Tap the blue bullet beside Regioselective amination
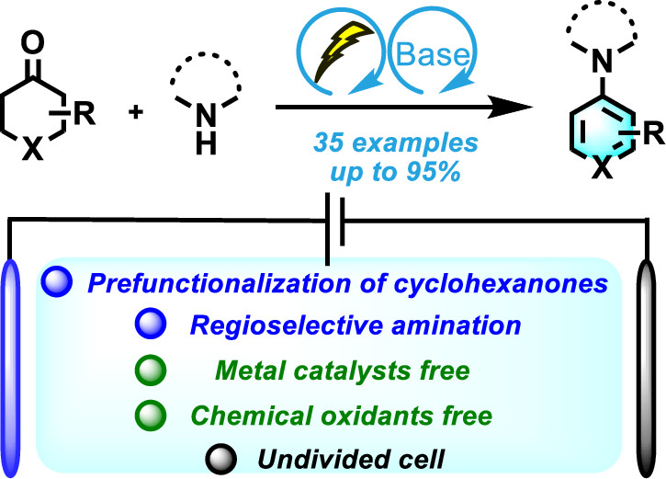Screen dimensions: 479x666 [x=155, y=325]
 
